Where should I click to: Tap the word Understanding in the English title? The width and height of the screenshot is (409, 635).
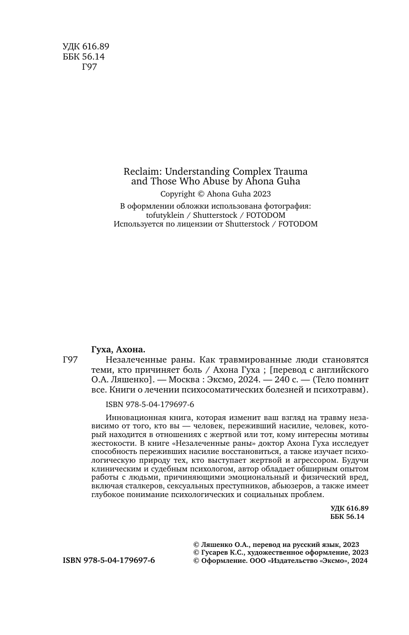click(x=195, y=171)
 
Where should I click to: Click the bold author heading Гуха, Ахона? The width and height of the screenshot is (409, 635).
click(x=118, y=349)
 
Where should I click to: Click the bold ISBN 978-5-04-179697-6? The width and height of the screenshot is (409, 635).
click(x=109, y=560)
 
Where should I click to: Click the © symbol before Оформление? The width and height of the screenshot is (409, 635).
click(x=196, y=560)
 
